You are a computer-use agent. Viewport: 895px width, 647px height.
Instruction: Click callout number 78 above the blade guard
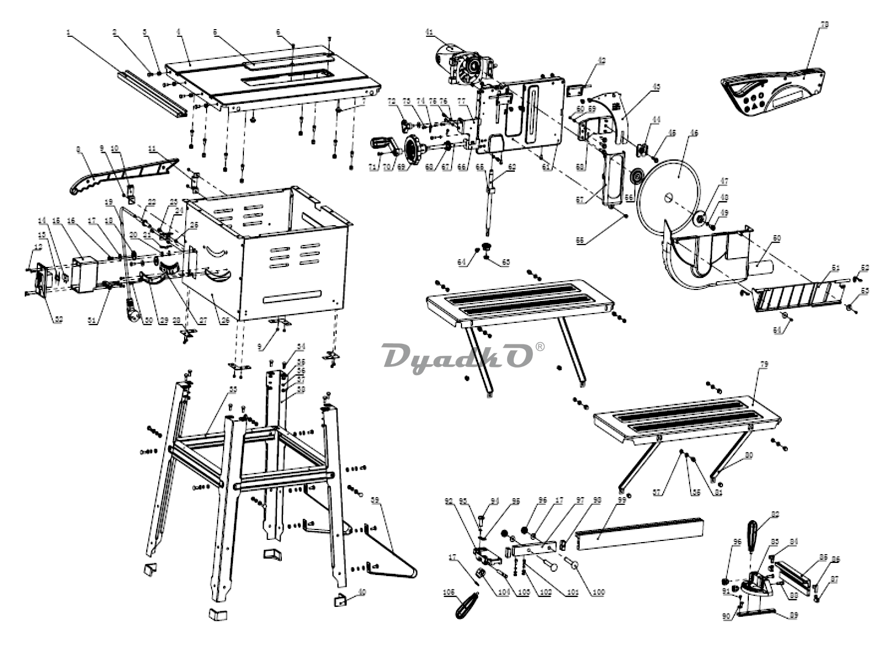coord(824,25)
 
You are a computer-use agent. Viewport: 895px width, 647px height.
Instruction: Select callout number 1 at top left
coord(69,32)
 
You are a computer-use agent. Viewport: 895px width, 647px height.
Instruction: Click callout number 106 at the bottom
coord(449,593)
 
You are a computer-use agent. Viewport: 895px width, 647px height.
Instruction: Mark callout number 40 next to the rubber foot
coord(362,592)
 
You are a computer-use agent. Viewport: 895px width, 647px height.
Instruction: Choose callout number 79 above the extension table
coord(764,365)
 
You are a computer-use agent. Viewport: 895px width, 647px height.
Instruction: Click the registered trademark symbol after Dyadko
coord(541,347)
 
